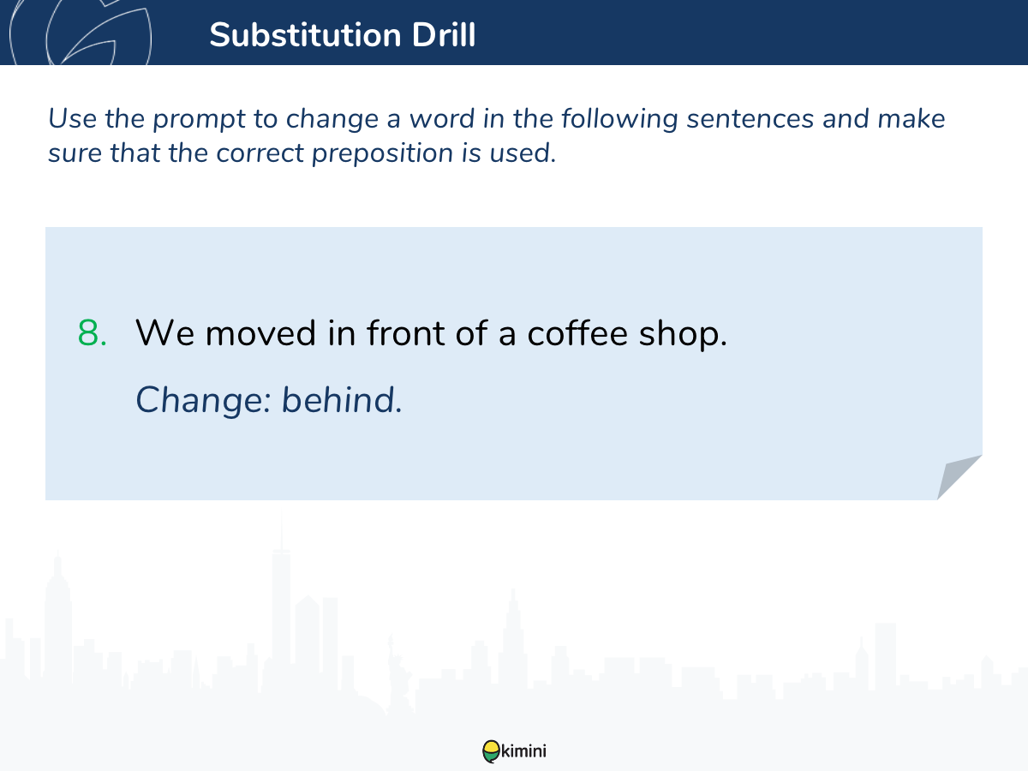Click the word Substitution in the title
(305, 35)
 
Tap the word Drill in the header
(444, 35)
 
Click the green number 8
(93, 333)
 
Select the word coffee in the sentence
(577, 332)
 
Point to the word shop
(683, 334)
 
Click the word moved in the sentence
(260, 332)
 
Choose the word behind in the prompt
(342, 399)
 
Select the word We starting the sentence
(164, 333)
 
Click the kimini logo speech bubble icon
(491, 751)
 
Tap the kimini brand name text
(523, 751)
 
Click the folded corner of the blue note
(959, 477)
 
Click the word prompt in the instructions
(199, 119)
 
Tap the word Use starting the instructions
(72, 118)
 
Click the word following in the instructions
(619, 119)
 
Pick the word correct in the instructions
(260, 153)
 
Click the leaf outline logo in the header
(81, 33)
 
